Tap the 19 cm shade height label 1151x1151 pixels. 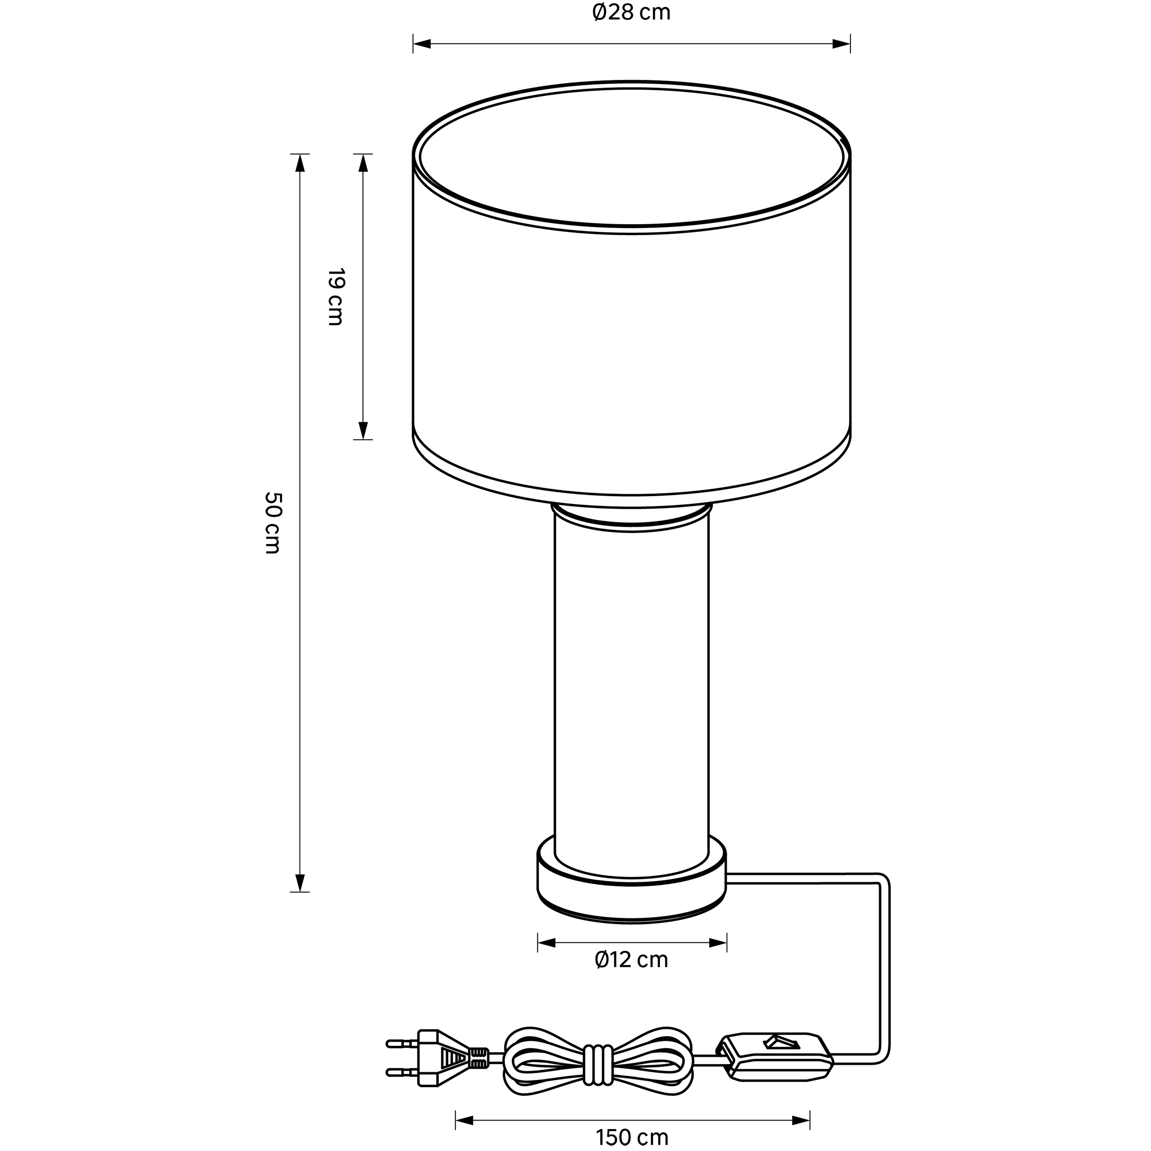(x=335, y=297)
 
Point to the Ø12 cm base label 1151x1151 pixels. (x=632, y=960)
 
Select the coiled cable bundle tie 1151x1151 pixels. (x=597, y=1057)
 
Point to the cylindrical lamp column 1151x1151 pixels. (x=632, y=685)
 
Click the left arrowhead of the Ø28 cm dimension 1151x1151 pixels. (x=422, y=43)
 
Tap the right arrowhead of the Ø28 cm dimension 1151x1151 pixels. (x=841, y=43)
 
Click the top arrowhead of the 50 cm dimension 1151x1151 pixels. (x=300, y=163)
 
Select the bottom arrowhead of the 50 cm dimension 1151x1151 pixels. (x=300, y=882)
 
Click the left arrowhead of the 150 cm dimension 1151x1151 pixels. (x=464, y=1121)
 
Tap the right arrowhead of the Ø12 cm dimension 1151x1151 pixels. (x=717, y=943)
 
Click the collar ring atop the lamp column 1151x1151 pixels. (x=632, y=514)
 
